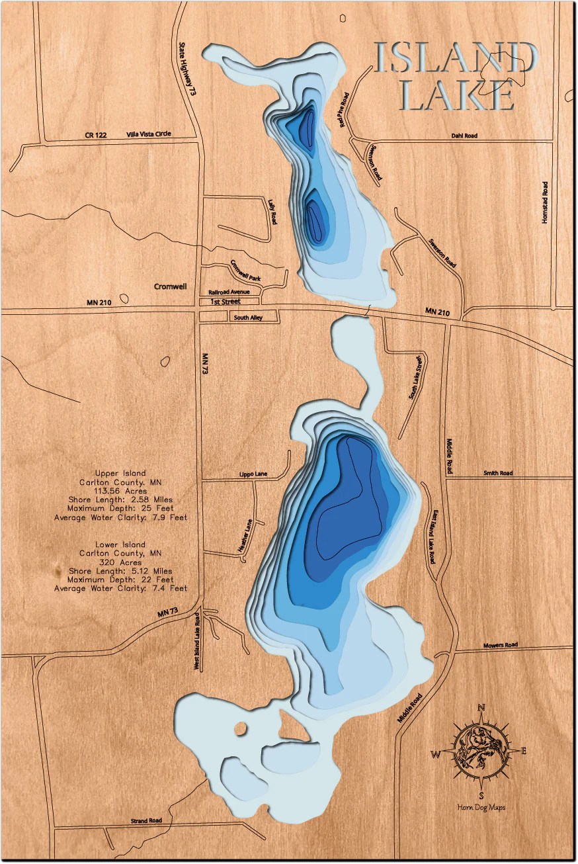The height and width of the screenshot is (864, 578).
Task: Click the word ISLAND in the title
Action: (x=455, y=58)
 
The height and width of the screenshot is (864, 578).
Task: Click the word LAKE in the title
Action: (x=457, y=96)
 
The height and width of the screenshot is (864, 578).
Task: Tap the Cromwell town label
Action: (x=171, y=286)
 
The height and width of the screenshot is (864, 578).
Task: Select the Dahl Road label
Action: (x=464, y=136)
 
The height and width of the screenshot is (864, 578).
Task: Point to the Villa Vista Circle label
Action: (x=149, y=134)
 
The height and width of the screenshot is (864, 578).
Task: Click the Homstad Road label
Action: (x=545, y=202)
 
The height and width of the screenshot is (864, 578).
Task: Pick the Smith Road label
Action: (x=498, y=473)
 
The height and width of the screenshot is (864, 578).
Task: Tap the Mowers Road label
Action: (x=500, y=644)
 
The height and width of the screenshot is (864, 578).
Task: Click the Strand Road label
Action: (x=146, y=820)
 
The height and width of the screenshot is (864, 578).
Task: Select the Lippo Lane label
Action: (x=253, y=474)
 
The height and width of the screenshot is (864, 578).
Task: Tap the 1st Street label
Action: (x=226, y=302)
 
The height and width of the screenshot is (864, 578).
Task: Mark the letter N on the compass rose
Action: (x=482, y=708)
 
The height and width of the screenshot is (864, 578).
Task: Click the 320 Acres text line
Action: (x=120, y=562)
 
